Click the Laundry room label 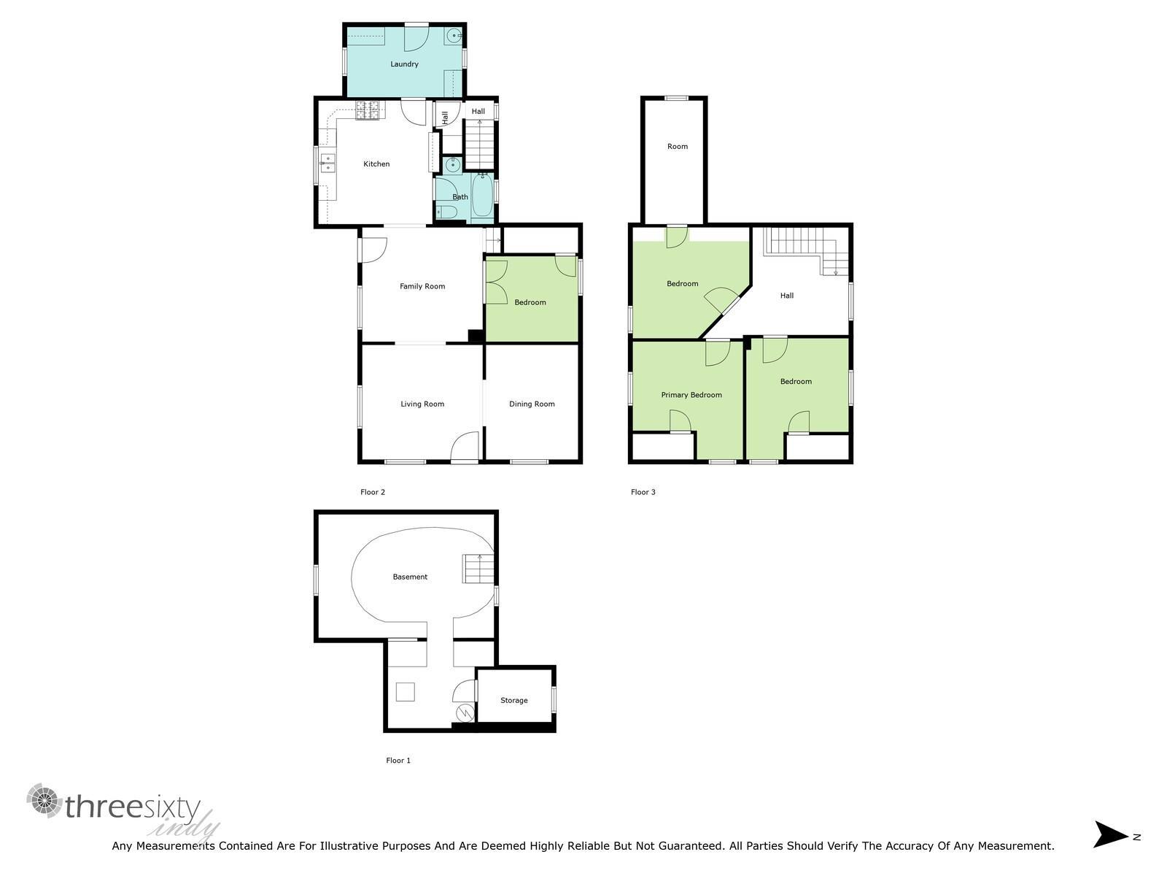pyautogui.click(x=404, y=64)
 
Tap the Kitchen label pyautogui.click(x=376, y=164)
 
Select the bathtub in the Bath pyautogui.click(x=482, y=196)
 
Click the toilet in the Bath pyautogui.click(x=446, y=212)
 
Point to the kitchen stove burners pyautogui.click(x=368, y=110)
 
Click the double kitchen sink pyautogui.click(x=327, y=163)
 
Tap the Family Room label pyautogui.click(x=422, y=286)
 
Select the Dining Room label pyautogui.click(x=532, y=404)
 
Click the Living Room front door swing pyautogui.click(x=465, y=447)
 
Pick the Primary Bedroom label pyautogui.click(x=691, y=395)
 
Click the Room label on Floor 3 pyautogui.click(x=678, y=147)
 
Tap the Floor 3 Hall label pyautogui.click(x=787, y=296)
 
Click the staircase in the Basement pyautogui.click(x=478, y=569)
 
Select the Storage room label pyautogui.click(x=514, y=700)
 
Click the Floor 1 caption pyautogui.click(x=398, y=761)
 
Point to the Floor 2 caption pyautogui.click(x=373, y=492)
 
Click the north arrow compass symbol pyautogui.click(x=1111, y=834)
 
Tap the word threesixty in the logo pyautogui.click(x=133, y=807)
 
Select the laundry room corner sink pyautogui.click(x=454, y=34)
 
